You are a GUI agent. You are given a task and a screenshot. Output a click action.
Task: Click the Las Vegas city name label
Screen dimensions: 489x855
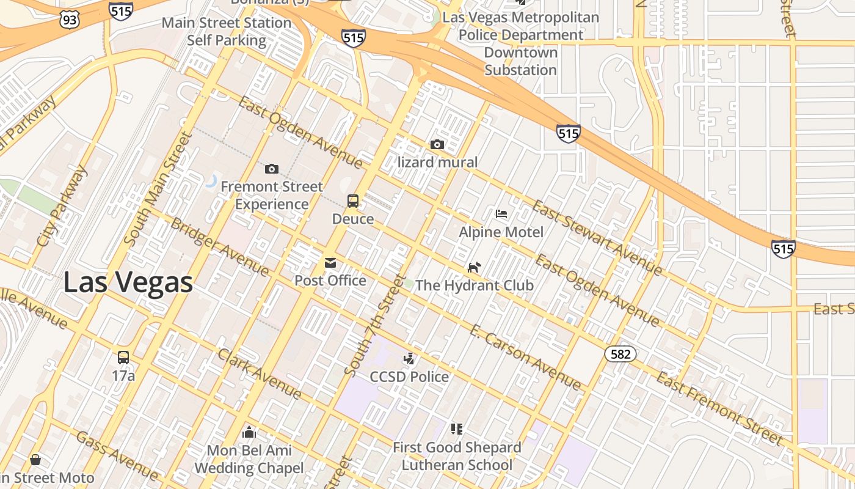(x=128, y=282)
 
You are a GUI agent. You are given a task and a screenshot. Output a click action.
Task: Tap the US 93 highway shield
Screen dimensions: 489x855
(x=70, y=20)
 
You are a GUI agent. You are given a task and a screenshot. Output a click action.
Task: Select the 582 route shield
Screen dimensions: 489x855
(x=620, y=354)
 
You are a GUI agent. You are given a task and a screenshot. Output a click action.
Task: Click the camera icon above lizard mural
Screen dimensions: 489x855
(x=437, y=145)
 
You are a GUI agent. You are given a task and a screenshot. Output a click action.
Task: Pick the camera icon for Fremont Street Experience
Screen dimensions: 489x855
(x=272, y=169)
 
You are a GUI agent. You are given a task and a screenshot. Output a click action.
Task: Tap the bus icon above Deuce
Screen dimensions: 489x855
(x=353, y=200)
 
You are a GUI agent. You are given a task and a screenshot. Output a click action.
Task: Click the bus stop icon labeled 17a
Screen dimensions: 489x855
(x=123, y=358)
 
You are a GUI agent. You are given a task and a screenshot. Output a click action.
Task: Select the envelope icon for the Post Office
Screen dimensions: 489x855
(x=330, y=263)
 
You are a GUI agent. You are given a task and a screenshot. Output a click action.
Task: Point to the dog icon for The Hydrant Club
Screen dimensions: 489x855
(x=474, y=267)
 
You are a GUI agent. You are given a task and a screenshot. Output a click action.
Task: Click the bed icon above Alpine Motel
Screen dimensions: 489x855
(x=501, y=214)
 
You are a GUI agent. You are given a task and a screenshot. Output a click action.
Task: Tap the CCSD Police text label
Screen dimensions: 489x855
(x=409, y=377)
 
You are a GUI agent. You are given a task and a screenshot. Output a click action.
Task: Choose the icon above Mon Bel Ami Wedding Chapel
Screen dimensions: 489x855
(x=249, y=433)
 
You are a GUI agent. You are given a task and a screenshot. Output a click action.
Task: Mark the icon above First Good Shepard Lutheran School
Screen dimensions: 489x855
(x=457, y=429)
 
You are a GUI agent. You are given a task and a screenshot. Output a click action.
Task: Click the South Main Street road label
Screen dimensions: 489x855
(x=158, y=189)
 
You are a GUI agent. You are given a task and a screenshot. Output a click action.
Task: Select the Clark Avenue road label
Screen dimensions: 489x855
(x=260, y=374)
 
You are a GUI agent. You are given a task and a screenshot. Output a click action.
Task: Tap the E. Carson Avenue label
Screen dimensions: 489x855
(x=525, y=357)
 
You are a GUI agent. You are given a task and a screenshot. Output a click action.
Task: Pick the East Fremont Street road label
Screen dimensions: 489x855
(x=719, y=408)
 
